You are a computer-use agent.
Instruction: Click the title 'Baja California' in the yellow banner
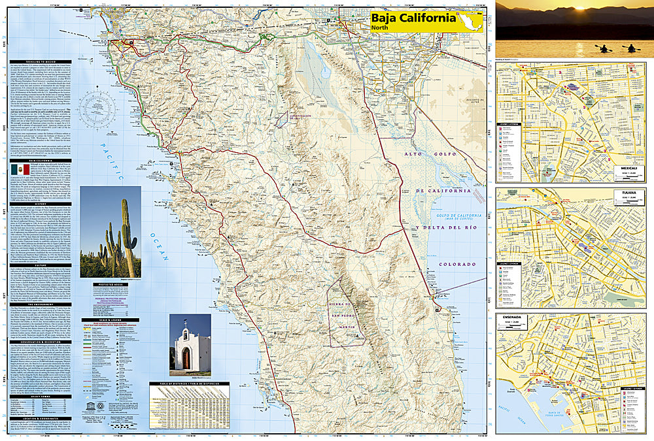(413, 18)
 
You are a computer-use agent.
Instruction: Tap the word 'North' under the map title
(380, 28)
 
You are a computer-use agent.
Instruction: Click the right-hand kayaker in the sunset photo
(631, 48)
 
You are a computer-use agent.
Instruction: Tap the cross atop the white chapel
(185, 323)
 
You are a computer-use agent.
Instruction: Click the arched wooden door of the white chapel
(186, 359)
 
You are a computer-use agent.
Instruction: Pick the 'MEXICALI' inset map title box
(632, 168)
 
